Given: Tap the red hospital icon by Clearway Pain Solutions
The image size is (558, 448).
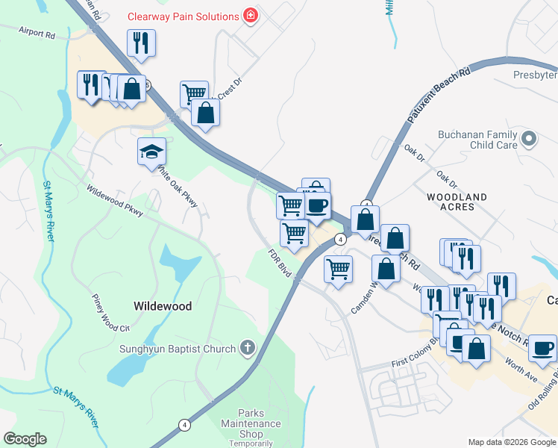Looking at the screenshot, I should pos(251,16).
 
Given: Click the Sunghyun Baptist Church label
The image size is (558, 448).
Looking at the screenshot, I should pos(178,348).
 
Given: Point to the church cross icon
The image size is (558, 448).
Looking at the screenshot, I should pos(247,348).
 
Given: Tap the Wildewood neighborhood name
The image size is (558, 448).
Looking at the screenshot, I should pos(162,306).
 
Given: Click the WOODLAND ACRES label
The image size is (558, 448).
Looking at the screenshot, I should pos(457,202).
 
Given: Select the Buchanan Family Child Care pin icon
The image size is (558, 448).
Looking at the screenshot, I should pos(529,139).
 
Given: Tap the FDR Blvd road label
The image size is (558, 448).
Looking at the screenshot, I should pos(279,261).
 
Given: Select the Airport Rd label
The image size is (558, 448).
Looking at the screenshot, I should pos(38,34).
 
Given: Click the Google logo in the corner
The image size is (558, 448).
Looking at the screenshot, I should pos(25,439).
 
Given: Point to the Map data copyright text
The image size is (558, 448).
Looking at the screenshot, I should pos(511,442).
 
